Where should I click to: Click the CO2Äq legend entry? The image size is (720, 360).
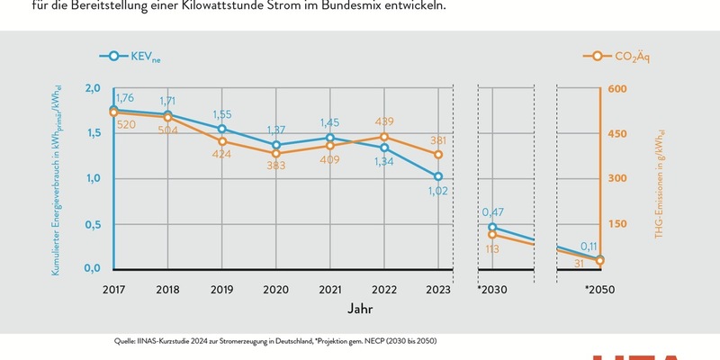click(x=620, y=56)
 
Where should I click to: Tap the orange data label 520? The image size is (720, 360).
click(x=127, y=124)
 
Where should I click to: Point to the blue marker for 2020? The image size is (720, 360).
click(x=276, y=145)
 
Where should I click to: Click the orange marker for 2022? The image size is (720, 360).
click(x=384, y=137)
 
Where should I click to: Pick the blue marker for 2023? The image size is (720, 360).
click(x=438, y=176)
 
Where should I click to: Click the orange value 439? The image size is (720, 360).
click(x=385, y=121)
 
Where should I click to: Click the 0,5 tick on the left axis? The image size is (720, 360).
click(x=93, y=223)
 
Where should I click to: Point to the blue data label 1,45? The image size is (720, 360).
click(x=330, y=122)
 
